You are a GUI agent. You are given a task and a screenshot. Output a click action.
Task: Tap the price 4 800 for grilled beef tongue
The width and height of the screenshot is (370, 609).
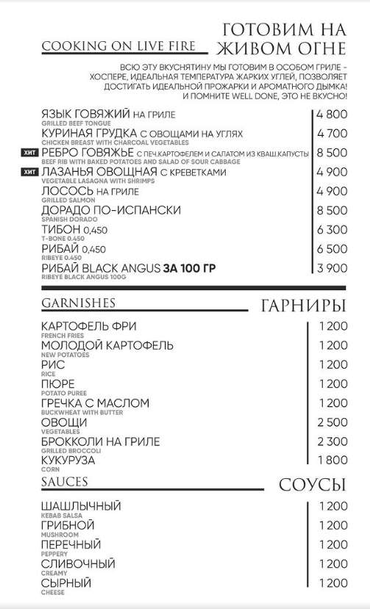pyautogui.click(x=331, y=115)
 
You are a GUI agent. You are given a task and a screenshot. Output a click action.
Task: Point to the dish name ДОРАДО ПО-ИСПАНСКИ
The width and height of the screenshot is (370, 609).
pyautogui.click(x=111, y=211)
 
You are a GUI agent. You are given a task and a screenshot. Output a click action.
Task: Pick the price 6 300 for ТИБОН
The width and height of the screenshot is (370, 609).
pyautogui.click(x=331, y=230)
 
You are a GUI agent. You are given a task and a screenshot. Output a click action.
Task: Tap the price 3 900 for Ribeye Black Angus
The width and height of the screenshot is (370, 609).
pyautogui.click(x=331, y=268)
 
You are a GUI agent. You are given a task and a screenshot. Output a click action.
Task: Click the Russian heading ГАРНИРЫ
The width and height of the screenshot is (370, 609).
pyautogui.click(x=303, y=305)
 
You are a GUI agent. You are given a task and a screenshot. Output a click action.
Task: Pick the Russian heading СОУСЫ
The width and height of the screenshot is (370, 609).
pyautogui.click(x=312, y=485)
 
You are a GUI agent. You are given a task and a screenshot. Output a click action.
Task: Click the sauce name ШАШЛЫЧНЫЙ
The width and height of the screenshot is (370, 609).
pyautogui.click(x=81, y=507)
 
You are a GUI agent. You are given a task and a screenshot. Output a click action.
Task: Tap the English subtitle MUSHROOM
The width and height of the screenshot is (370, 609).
pyautogui.click(x=60, y=536)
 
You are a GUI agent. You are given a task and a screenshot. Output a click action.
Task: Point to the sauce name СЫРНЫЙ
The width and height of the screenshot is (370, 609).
pyautogui.click(x=66, y=583)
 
